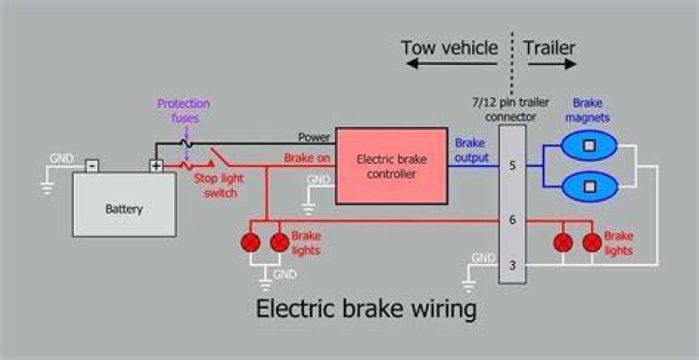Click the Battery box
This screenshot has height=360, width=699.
[124, 204]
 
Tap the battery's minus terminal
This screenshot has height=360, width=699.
[92, 166]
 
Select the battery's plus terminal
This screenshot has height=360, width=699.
[156, 166]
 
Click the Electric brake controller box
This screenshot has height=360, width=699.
[391, 166]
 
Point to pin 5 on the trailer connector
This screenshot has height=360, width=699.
[513, 166]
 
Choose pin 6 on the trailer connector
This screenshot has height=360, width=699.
[513, 220]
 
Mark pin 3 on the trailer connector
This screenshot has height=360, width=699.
[513, 266]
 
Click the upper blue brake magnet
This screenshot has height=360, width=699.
[589, 146]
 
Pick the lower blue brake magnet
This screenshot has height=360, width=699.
[589, 186]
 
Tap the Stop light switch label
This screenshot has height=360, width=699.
[218, 185]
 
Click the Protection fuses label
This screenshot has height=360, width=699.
[183, 111]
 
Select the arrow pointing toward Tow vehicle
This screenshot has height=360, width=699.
[451, 64]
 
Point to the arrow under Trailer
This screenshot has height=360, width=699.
[552, 64]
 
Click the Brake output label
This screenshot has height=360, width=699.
[471, 150]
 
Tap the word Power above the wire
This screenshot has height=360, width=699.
[315, 137]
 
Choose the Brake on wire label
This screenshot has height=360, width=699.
[307, 158]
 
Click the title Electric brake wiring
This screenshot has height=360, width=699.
[366, 309]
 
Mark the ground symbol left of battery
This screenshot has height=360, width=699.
[47, 188]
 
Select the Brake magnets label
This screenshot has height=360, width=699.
[587, 110]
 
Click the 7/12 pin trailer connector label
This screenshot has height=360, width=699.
[511, 109]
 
